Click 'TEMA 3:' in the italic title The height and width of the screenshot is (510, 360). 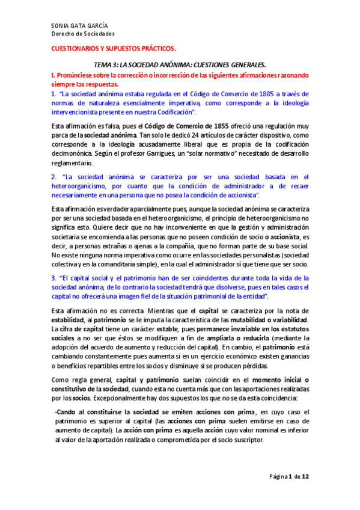click(x=106, y=64)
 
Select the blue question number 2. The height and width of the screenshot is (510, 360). click(x=53, y=177)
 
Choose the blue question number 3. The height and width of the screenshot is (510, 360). click(x=53, y=278)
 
